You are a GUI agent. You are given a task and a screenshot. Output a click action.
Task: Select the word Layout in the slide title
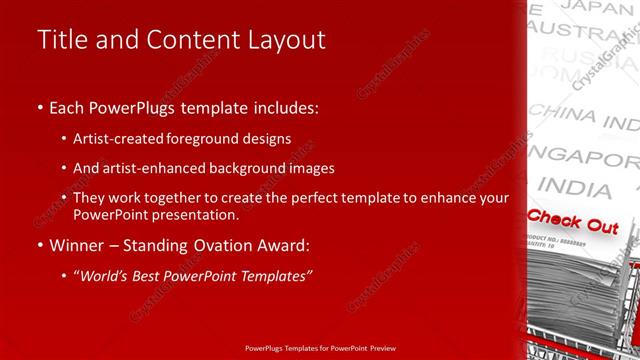pos(285,40)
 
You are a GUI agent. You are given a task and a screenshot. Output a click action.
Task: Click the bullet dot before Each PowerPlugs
pos(39,108)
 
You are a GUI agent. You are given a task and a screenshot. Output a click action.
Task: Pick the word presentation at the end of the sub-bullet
pos(204,215)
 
